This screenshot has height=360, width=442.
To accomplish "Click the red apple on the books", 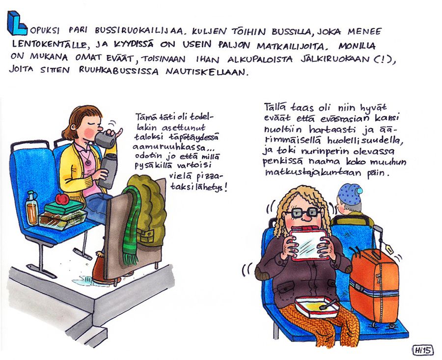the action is coord(62,199).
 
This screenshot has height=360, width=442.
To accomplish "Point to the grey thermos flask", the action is coord(108,171).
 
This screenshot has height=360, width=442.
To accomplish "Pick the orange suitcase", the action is coord(374,285).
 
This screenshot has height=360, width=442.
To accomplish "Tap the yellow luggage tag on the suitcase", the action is coord(390,249).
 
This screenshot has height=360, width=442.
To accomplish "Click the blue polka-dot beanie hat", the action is coord(350,194).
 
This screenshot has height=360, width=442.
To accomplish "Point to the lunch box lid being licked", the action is coord(307,243).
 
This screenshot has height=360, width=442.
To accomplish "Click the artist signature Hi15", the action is coord(423,350).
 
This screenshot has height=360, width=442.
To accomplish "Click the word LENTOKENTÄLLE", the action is coord(49,44).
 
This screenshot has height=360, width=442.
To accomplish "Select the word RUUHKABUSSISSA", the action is coord(118,71).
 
